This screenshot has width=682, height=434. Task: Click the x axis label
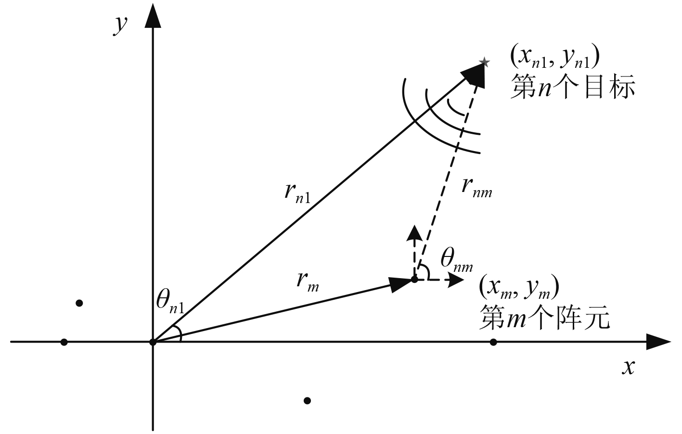click(628, 367)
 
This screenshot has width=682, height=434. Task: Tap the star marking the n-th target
click(485, 62)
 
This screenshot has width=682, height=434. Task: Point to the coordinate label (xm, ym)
click(518, 288)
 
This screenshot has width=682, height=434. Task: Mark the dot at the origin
click(153, 342)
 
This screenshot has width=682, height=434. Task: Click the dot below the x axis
click(308, 400)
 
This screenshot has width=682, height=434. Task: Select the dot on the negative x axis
click(64, 342)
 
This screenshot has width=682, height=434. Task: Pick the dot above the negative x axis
click(79, 303)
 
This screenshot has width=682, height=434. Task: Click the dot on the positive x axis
click(493, 342)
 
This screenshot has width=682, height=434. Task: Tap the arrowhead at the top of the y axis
click(153, 17)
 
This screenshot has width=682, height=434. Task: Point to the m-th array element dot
click(414, 279)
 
